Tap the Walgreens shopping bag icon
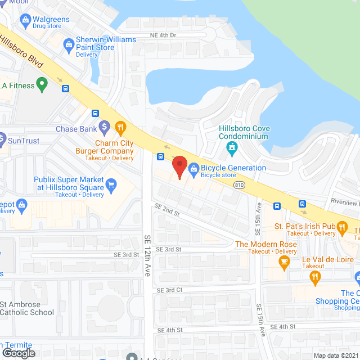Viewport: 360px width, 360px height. coord(25,21)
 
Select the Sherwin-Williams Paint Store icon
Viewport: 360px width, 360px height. coord(69,43)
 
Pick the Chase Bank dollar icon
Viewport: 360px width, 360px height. coord(104,128)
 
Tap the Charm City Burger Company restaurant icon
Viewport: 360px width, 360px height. coord(120,128)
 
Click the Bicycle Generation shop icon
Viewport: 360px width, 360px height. coord(193,168)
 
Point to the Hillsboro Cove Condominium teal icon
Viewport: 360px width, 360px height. coord(231,148)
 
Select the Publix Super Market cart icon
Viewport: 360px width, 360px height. coord(111,183)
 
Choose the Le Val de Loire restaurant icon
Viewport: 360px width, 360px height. coord(315,276)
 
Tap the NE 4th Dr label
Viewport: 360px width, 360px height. coord(163,35)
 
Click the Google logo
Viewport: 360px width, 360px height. coord(18,353)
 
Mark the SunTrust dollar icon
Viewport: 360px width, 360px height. coord(3,138)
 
